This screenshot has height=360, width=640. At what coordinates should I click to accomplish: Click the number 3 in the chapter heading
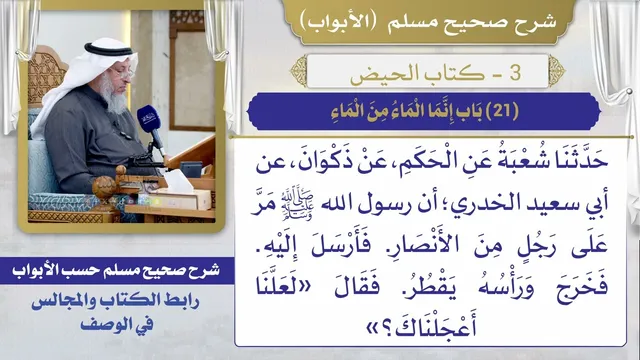pos(515,72)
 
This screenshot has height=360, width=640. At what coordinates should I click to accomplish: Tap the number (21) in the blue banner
pos(503,111)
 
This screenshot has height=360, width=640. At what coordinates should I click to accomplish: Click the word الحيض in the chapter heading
pos(376,74)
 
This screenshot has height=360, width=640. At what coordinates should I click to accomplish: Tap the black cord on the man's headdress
pos(109,49)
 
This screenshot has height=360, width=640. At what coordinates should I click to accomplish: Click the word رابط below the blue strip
pos(180,302)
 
